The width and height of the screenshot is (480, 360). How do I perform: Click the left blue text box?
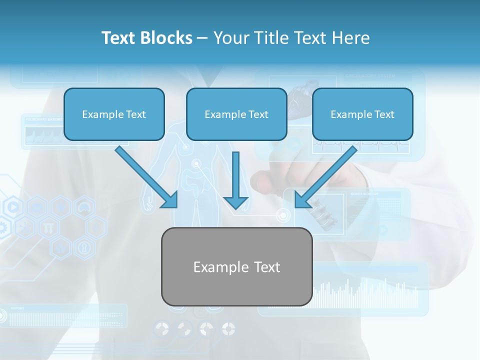pyautogui.click(x=114, y=114)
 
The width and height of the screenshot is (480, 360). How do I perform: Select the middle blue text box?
pyautogui.click(x=236, y=114)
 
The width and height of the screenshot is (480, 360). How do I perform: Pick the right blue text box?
pyautogui.click(x=362, y=114)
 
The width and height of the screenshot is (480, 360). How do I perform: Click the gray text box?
pyautogui.click(x=236, y=266)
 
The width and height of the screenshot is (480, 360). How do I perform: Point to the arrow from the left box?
pyautogui.click(x=147, y=177)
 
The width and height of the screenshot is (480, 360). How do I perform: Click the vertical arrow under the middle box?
pyautogui.click(x=235, y=181)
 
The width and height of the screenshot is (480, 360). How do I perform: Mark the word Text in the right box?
pyautogui.click(x=384, y=114)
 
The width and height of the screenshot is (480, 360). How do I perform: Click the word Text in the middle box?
pyautogui.click(x=258, y=114)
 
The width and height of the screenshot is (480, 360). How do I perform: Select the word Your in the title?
pyautogui.click(x=230, y=38)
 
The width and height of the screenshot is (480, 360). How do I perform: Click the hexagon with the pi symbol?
pyautogui.click(x=48, y=227)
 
